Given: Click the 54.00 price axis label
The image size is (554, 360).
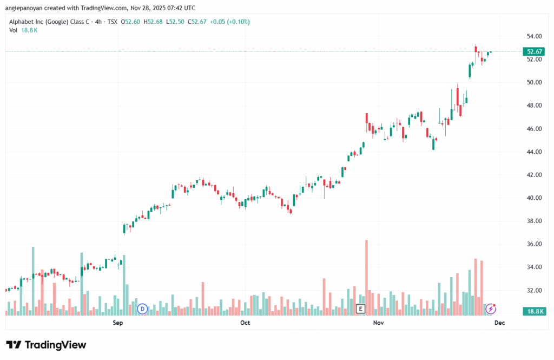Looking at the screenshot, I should tap(535, 36).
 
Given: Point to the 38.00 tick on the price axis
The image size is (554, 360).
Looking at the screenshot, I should tap(535, 221).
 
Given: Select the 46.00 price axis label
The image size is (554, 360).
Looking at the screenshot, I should tap(535, 129).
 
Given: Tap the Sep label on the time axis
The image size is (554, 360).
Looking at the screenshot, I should tap(118, 323).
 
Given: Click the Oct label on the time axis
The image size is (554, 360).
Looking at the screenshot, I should tap(245, 323).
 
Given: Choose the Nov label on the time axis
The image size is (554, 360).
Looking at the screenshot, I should tap(378, 323).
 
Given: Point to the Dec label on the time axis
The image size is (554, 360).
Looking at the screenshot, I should tap(499, 323).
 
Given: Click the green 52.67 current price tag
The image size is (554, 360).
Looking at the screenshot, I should tap(534, 51).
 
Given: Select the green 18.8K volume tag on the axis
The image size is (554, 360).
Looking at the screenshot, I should tap(534, 311).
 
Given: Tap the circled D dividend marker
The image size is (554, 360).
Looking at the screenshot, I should tap(142, 309).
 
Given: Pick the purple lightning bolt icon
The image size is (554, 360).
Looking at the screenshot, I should tap(491, 309).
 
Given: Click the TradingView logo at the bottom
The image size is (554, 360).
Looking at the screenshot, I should tap(46, 345).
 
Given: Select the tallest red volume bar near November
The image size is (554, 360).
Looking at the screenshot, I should tap(366, 276).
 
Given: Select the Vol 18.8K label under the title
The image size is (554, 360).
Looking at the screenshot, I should tap(23, 30).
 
